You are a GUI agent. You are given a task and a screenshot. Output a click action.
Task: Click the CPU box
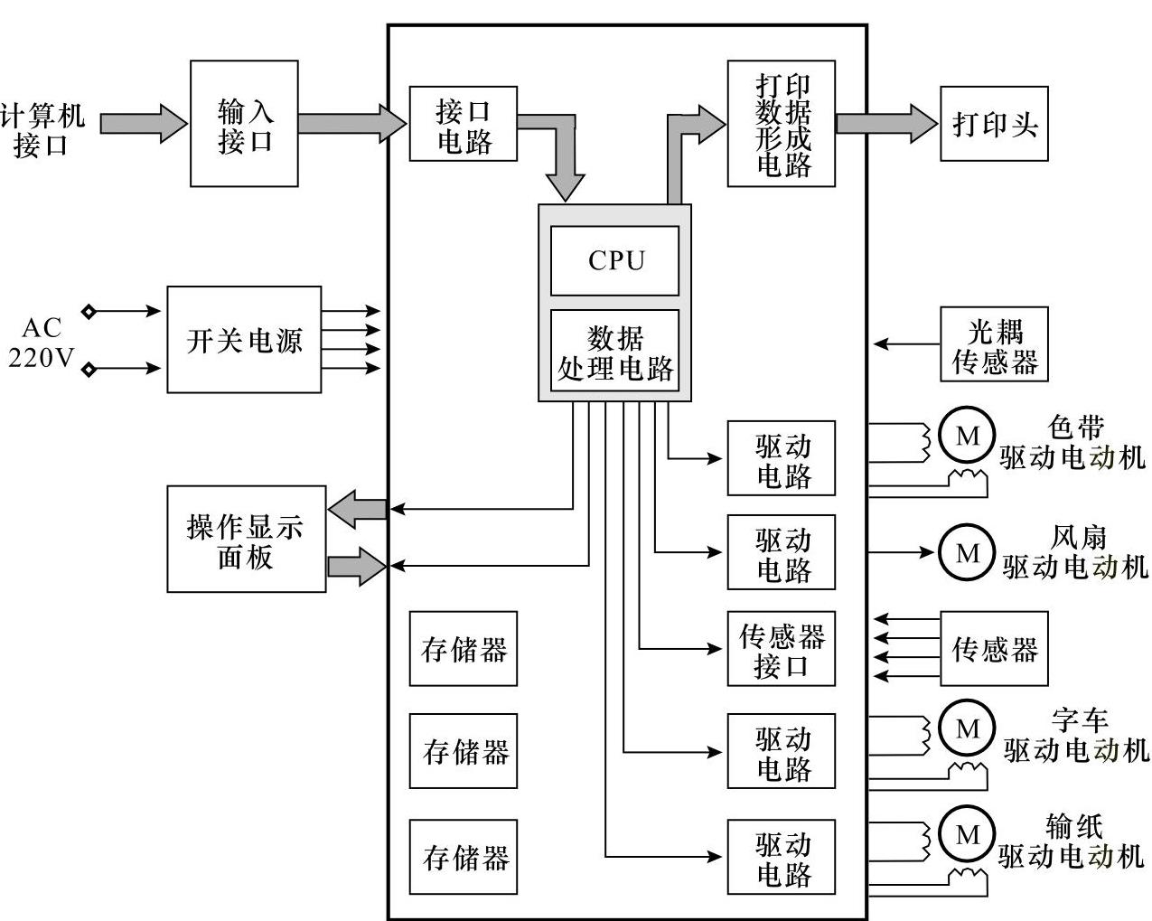click(x=614, y=260)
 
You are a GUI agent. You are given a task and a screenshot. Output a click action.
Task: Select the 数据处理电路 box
click(x=614, y=352)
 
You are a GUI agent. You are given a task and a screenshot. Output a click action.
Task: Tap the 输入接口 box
click(x=244, y=124)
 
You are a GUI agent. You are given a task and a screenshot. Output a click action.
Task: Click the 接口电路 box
click(x=463, y=124)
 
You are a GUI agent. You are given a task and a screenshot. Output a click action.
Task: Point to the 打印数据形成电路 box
click(x=782, y=124)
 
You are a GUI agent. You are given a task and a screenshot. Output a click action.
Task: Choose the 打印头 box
click(x=994, y=124)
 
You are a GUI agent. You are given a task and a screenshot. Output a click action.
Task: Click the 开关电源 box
click(x=244, y=340)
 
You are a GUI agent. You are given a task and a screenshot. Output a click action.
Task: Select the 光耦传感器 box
click(x=994, y=344)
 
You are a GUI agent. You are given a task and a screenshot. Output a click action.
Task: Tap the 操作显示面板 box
click(x=246, y=540)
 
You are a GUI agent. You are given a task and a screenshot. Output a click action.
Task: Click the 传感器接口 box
click(x=782, y=649)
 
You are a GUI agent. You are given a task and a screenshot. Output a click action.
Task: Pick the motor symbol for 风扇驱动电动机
click(x=967, y=552)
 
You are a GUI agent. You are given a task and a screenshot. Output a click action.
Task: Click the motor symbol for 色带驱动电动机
click(x=967, y=437)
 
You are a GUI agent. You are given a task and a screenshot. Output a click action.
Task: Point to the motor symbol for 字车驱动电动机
click(x=967, y=728)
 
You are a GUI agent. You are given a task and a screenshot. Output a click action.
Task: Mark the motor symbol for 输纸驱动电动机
click(x=967, y=834)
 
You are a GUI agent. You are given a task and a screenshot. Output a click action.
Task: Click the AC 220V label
click(x=41, y=342)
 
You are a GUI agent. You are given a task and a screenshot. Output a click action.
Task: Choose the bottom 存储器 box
click(x=463, y=857)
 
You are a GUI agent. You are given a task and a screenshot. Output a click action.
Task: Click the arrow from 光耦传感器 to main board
click(x=906, y=344)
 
